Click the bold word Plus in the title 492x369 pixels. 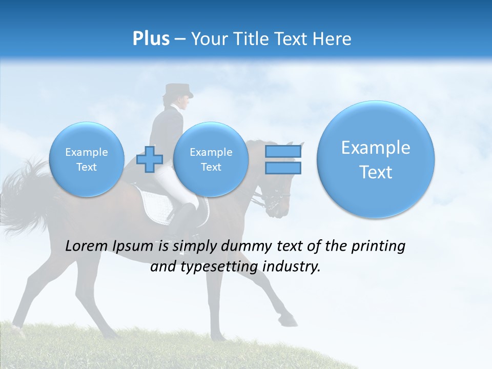coord(151,39)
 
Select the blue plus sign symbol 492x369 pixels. coord(150,159)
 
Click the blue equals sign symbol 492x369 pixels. coord(283,159)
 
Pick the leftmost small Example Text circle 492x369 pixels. coord(87,159)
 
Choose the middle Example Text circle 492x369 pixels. coord(211,159)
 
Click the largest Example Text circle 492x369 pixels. coord(376,159)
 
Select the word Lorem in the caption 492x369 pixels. coord(84,247)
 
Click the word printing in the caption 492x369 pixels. coord(378,247)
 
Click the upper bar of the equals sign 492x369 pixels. coord(283,152)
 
